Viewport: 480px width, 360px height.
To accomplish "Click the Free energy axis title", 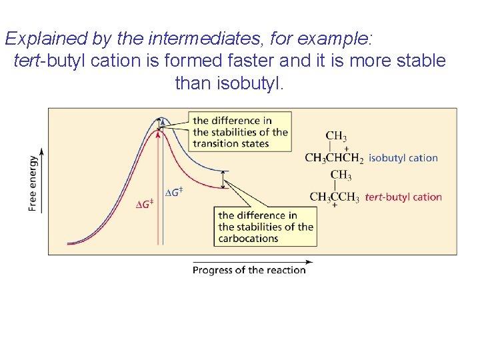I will [33, 183].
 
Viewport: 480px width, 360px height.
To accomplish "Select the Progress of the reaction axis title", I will [249, 270].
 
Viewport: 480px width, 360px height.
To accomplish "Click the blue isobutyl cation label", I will [403, 158].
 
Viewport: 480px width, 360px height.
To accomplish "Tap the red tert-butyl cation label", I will [403, 197].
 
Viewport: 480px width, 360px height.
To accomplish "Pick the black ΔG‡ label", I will [173, 192].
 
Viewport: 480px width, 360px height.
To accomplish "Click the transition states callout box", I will [240, 131].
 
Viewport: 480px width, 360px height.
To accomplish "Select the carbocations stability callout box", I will [265, 227].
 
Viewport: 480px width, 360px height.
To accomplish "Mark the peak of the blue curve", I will [162, 119].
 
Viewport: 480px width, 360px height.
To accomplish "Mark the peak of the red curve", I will [159, 131].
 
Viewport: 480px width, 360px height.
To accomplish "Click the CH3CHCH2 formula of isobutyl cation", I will [334, 158].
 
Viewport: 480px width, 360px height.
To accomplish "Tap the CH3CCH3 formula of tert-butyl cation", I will [334, 197].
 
